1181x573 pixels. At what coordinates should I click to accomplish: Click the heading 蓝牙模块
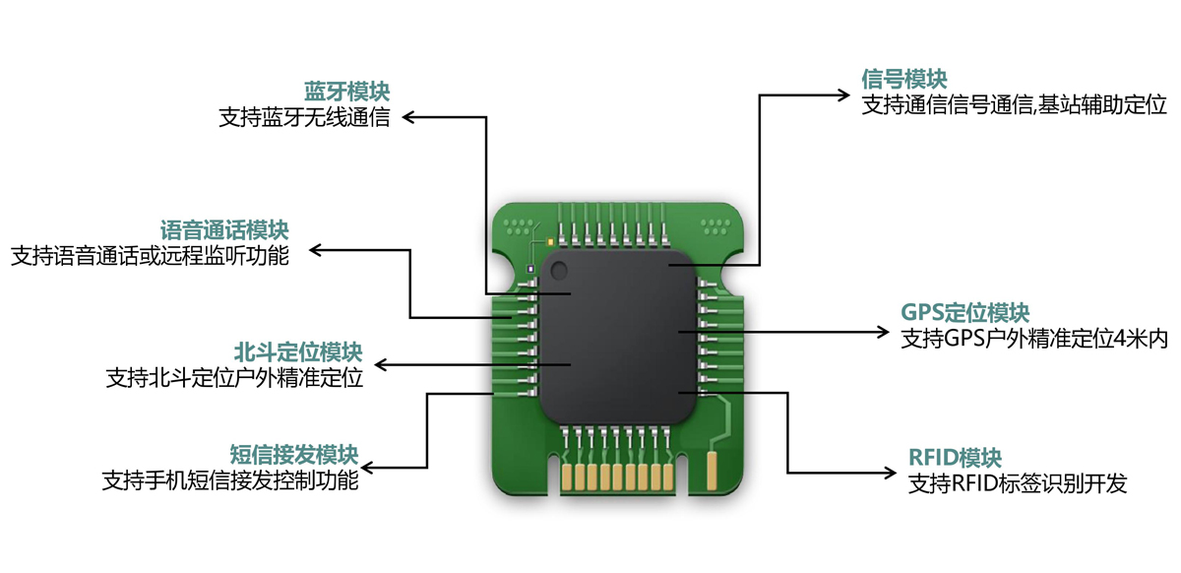pos(346,93)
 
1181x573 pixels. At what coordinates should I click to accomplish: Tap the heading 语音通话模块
pos(224,231)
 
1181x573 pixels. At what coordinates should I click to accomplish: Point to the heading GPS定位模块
pos(964,313)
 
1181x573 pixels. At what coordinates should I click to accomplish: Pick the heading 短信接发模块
pos(293,456)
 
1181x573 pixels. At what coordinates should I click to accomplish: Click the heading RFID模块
pos(955,458)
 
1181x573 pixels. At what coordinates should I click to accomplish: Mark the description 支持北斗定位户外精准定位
pos(234,378)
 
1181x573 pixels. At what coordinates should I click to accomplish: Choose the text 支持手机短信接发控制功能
pos(230,481)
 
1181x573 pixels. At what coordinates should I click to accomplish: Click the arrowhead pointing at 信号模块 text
pos(843,95)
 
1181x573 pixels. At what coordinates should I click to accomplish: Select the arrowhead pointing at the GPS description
pos(883,332)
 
